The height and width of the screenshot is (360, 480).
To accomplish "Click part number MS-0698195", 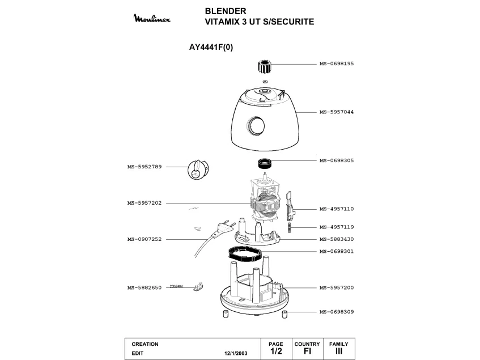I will click(336, 63).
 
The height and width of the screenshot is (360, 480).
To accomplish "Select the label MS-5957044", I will click(336, 112).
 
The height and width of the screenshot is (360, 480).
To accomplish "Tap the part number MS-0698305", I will click(336, 160).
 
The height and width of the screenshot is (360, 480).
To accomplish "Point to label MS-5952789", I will click(145, 167).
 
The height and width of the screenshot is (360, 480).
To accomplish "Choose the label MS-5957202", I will click(145, 203).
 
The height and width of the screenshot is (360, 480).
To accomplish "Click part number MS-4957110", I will click(336, 209).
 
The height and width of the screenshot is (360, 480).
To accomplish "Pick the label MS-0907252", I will click(145, 239).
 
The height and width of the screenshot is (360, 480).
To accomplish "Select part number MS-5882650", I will click(145, 288).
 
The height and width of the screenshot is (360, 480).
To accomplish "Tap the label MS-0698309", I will click(336, 312).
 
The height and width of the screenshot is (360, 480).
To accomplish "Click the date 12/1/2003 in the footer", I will click(236, 353).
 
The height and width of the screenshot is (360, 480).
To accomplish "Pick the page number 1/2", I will click(276, 351).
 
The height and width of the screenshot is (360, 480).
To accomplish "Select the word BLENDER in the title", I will click(225, 11).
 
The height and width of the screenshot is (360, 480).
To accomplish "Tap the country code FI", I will click(307, 351).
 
